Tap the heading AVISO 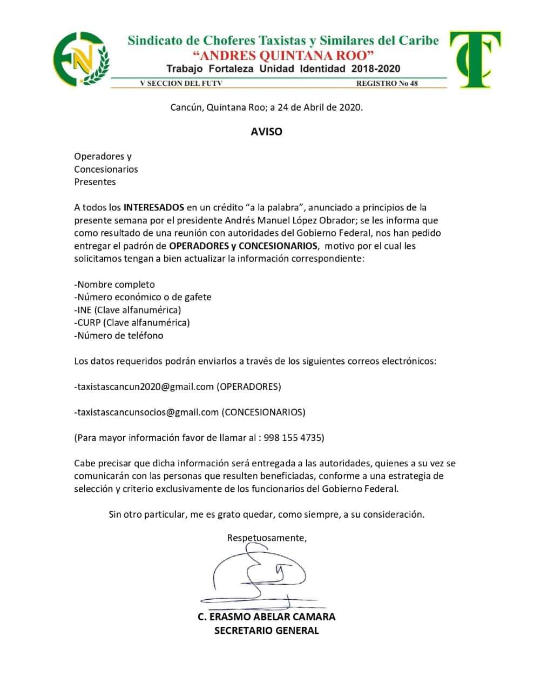click(x=266, y=131)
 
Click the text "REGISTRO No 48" click(x=387, y=83)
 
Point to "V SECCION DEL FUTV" click(x=181, y=83)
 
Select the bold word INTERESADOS click(x=154, y=207)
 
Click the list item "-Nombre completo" click(x=114, y=284)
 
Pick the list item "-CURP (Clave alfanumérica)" click(x=132, y=322)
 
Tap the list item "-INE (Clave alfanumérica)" click(x=127, y=310)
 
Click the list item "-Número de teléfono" click(x=119, y=335)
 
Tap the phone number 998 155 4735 click(x=293, y=438)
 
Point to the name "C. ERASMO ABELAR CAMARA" click(x=266, y=617)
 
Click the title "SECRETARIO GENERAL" click(x=266, y=630)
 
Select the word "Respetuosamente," click(x=267, y=538)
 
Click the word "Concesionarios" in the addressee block click(x=106, y=169)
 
